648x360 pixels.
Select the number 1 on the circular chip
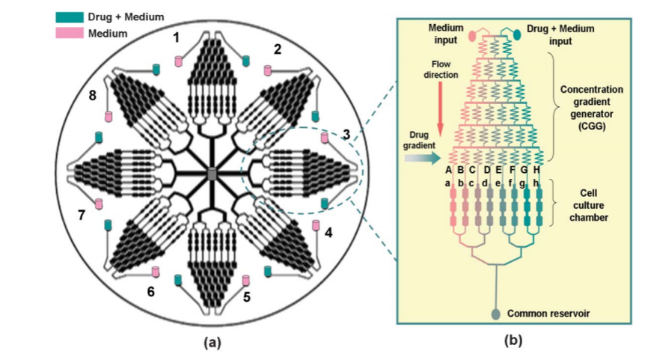177,37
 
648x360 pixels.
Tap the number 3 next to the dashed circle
346,135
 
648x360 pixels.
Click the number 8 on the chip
92,96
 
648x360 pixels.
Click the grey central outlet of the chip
212,174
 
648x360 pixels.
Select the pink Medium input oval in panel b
472,35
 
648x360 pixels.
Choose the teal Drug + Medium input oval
518,34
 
